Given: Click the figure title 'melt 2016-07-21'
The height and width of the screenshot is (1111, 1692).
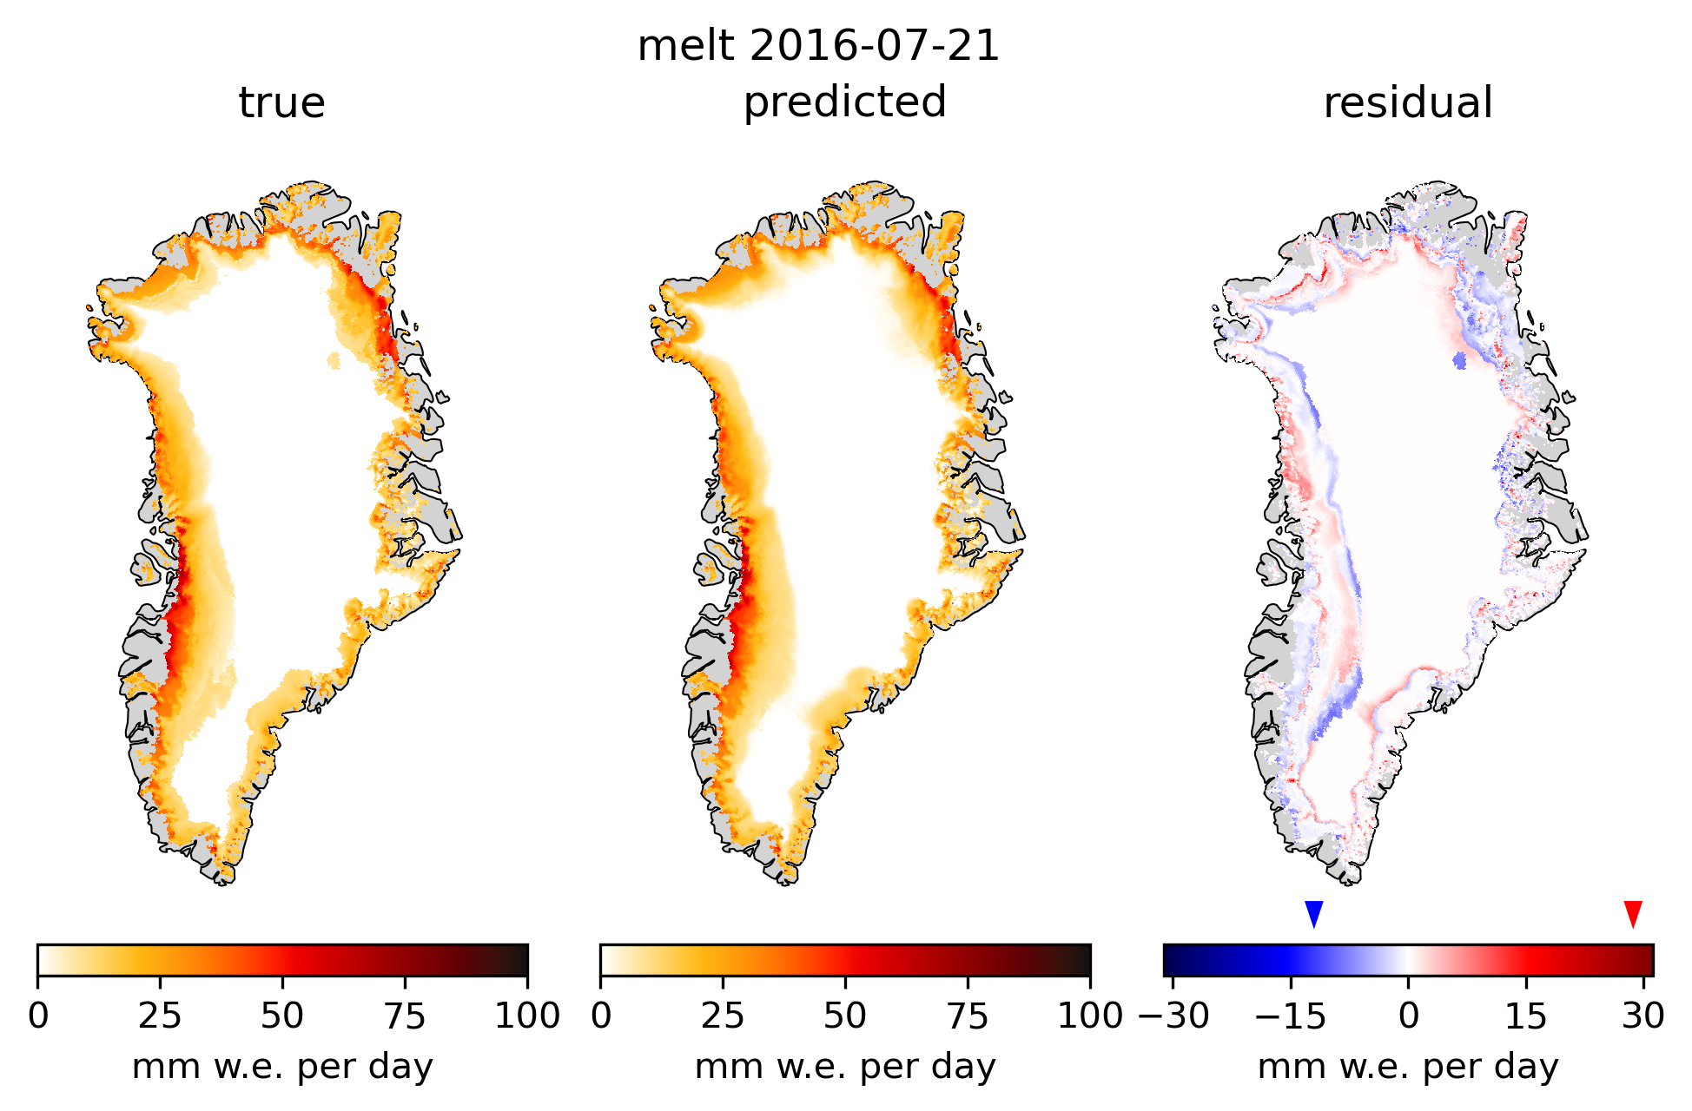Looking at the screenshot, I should pos(818,45).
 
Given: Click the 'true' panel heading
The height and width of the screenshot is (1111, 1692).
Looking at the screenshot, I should pos(281,102).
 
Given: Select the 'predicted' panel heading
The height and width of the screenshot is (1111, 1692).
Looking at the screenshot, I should pos(844,102).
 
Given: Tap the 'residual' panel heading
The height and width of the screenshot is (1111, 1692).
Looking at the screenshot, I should pos(1407,102).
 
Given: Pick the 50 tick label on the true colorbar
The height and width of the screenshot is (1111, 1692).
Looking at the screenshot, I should pos(281,1015).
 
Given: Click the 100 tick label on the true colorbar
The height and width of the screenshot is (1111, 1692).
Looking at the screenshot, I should pos(526,1015).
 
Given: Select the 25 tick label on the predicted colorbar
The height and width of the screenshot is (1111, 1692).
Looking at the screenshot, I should pos(723,1015).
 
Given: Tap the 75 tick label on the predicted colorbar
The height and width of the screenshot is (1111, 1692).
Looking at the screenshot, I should pos(967,1015).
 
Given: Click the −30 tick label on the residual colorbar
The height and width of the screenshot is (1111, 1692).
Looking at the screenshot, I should pos(1173,1015).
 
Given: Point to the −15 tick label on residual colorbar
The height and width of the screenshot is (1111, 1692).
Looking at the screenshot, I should pos(1291,1015).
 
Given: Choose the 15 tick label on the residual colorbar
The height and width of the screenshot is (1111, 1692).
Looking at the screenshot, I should pos(1526,1015).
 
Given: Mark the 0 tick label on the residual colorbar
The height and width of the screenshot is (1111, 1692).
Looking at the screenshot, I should pos(1408,1015).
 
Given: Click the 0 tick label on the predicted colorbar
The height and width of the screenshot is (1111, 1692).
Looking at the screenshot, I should pos(601,1015).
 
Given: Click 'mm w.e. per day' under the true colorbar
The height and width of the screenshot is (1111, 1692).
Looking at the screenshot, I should pos(281,1067).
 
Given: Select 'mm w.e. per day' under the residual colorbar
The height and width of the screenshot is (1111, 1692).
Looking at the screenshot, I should pos(1407,1067).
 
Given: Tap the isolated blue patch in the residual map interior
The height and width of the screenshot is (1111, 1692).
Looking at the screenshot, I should pos(1459,359).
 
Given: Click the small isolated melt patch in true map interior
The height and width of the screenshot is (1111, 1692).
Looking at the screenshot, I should pos(334,359).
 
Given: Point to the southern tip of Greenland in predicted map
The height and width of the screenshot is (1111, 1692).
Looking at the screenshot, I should pos(784,880).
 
